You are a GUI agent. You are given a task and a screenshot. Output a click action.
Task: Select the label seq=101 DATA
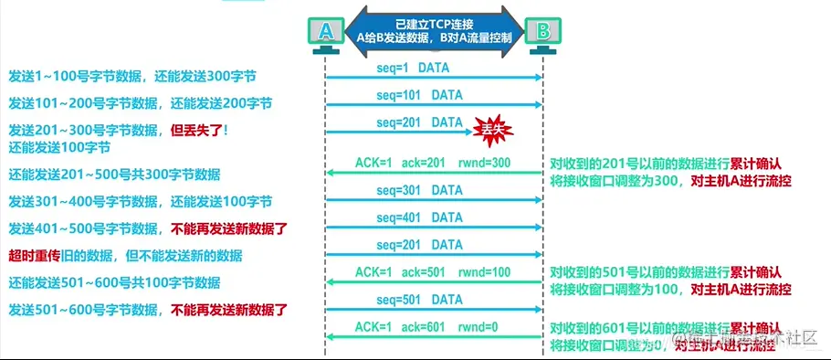pyautogui.click(x=419, y=95)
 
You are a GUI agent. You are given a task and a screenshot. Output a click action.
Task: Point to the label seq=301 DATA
pyautogui.click(x=419, y=191)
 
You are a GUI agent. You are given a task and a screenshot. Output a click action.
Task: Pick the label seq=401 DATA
pyautogui.click(x=419, y=217)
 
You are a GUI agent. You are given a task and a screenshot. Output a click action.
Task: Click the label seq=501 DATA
pyautogui.click(x=419, y=299)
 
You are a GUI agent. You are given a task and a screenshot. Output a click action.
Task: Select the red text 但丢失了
pyautogui.click(x=196, y=129)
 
